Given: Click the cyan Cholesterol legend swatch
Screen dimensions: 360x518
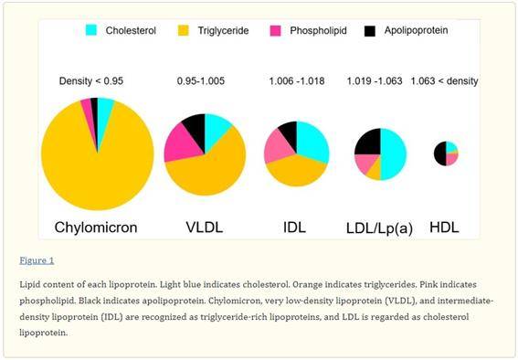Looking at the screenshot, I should [91, 30].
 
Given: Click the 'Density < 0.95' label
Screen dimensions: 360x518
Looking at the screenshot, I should [90, 81].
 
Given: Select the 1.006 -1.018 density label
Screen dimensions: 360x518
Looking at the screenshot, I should [296, 81].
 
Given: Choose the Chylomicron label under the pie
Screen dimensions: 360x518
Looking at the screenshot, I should [96, 227].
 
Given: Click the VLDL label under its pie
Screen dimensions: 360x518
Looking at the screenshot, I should [205, 227].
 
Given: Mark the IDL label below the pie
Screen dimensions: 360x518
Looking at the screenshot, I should [296, 227].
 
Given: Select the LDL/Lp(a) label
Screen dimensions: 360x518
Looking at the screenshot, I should [379, 228].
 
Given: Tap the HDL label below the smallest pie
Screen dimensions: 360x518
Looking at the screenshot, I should [446, 227].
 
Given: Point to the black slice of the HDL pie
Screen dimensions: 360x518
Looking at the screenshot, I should [440, 154].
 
